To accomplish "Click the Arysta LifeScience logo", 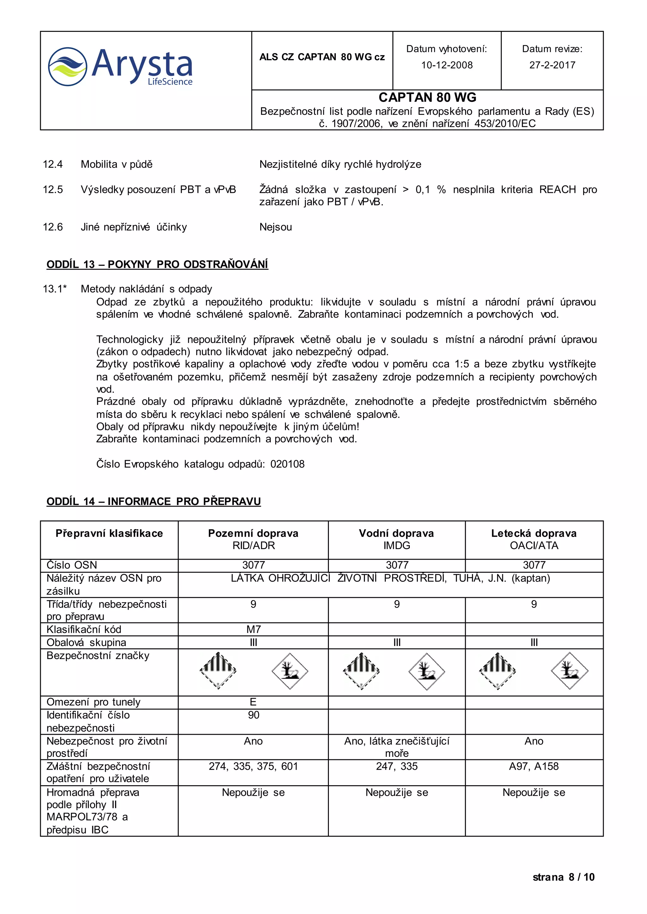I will [120, 67].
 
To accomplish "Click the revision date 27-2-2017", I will [552, 65].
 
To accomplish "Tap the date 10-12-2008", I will [447, 65].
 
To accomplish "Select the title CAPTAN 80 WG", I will [427, 98].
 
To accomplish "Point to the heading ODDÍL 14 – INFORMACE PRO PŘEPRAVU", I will [154, 501].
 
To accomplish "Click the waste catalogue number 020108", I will [287, 464].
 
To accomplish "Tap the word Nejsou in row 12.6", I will [276, 227].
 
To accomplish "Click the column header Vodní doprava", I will [396, 533].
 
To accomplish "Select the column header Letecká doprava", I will [534, 533].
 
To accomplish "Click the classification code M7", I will [253, 629].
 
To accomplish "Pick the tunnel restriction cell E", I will [253, 702].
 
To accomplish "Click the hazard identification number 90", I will [253, 715].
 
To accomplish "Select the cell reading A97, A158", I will [534, 766].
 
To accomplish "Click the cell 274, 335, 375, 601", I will [253, 766].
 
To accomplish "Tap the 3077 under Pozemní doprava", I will [253, 565].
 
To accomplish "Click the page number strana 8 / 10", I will [563, 877].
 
